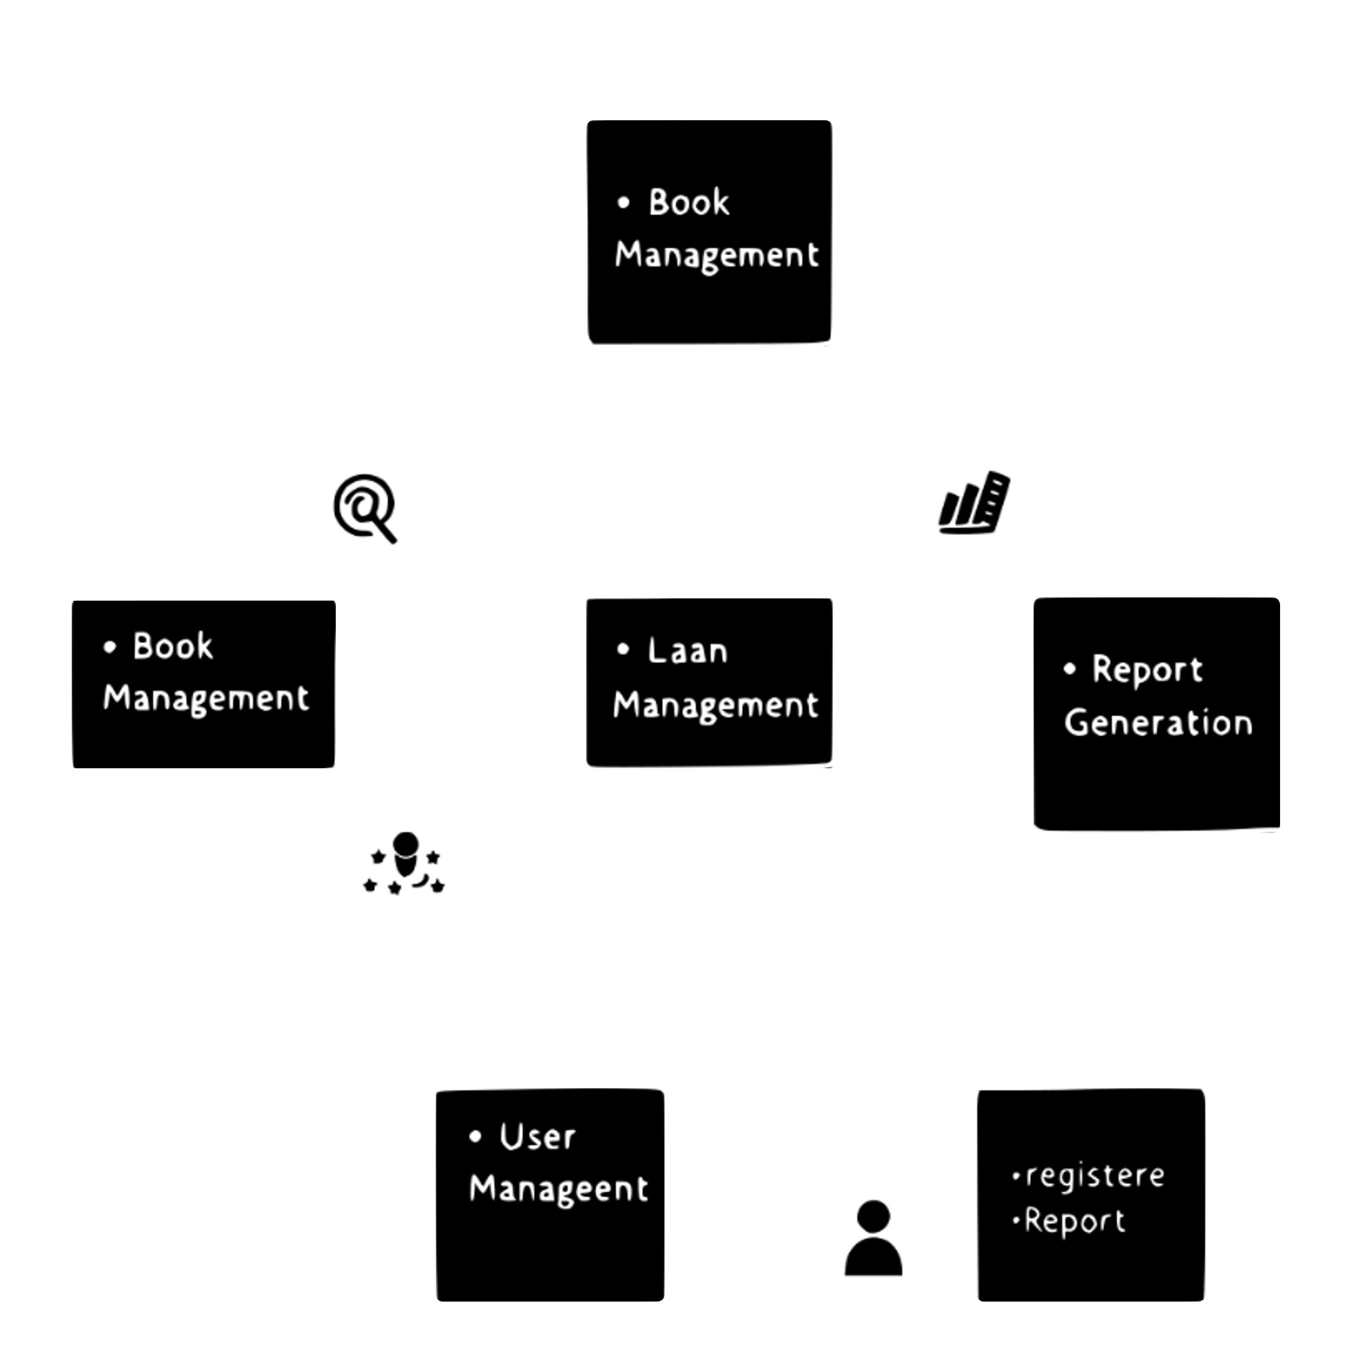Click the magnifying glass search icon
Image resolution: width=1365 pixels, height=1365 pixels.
pos(363,510)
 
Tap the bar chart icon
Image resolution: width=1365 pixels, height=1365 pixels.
pos(973,505)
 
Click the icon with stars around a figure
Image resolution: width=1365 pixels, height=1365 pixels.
pos(402,866)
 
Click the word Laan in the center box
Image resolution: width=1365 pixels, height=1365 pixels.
pos(687,651)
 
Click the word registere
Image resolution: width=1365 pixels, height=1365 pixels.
pos(1094,1176)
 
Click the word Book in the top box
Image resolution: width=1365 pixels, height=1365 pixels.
pos(689,203)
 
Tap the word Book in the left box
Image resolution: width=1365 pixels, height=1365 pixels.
pos(173,646)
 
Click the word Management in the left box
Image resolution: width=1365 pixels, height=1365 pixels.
pos(206,699)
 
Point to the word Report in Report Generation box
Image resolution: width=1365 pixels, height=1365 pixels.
pos(1147,670)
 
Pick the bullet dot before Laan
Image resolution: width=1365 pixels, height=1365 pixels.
pos(623,649)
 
